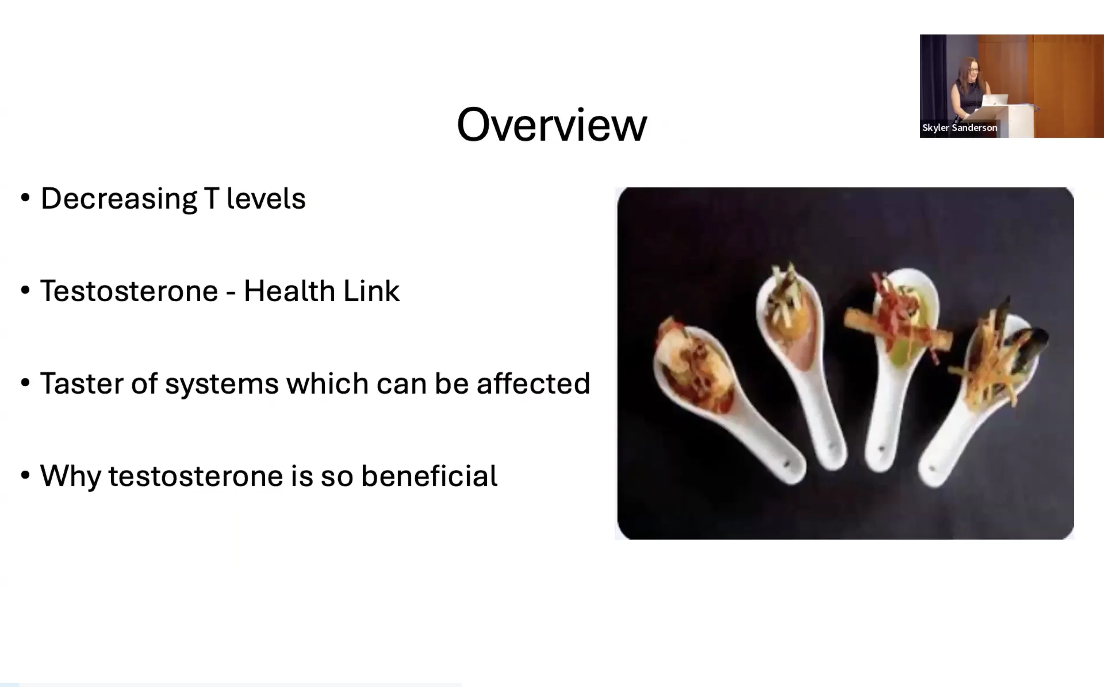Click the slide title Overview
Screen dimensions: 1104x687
tap(552, 125)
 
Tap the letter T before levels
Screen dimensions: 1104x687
tap(212, 198)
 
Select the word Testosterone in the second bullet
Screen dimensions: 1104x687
tap(129, 291)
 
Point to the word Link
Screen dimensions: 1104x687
tap(371, 290)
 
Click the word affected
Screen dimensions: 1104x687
tap(533, 383)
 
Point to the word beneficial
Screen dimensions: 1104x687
tap(430, 475)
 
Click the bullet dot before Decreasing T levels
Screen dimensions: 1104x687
tap(25, 198)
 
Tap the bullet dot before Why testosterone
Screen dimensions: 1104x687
tap(25, 475)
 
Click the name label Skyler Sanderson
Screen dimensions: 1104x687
tap(960, 128)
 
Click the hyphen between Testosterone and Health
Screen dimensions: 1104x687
tap(231, 292)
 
